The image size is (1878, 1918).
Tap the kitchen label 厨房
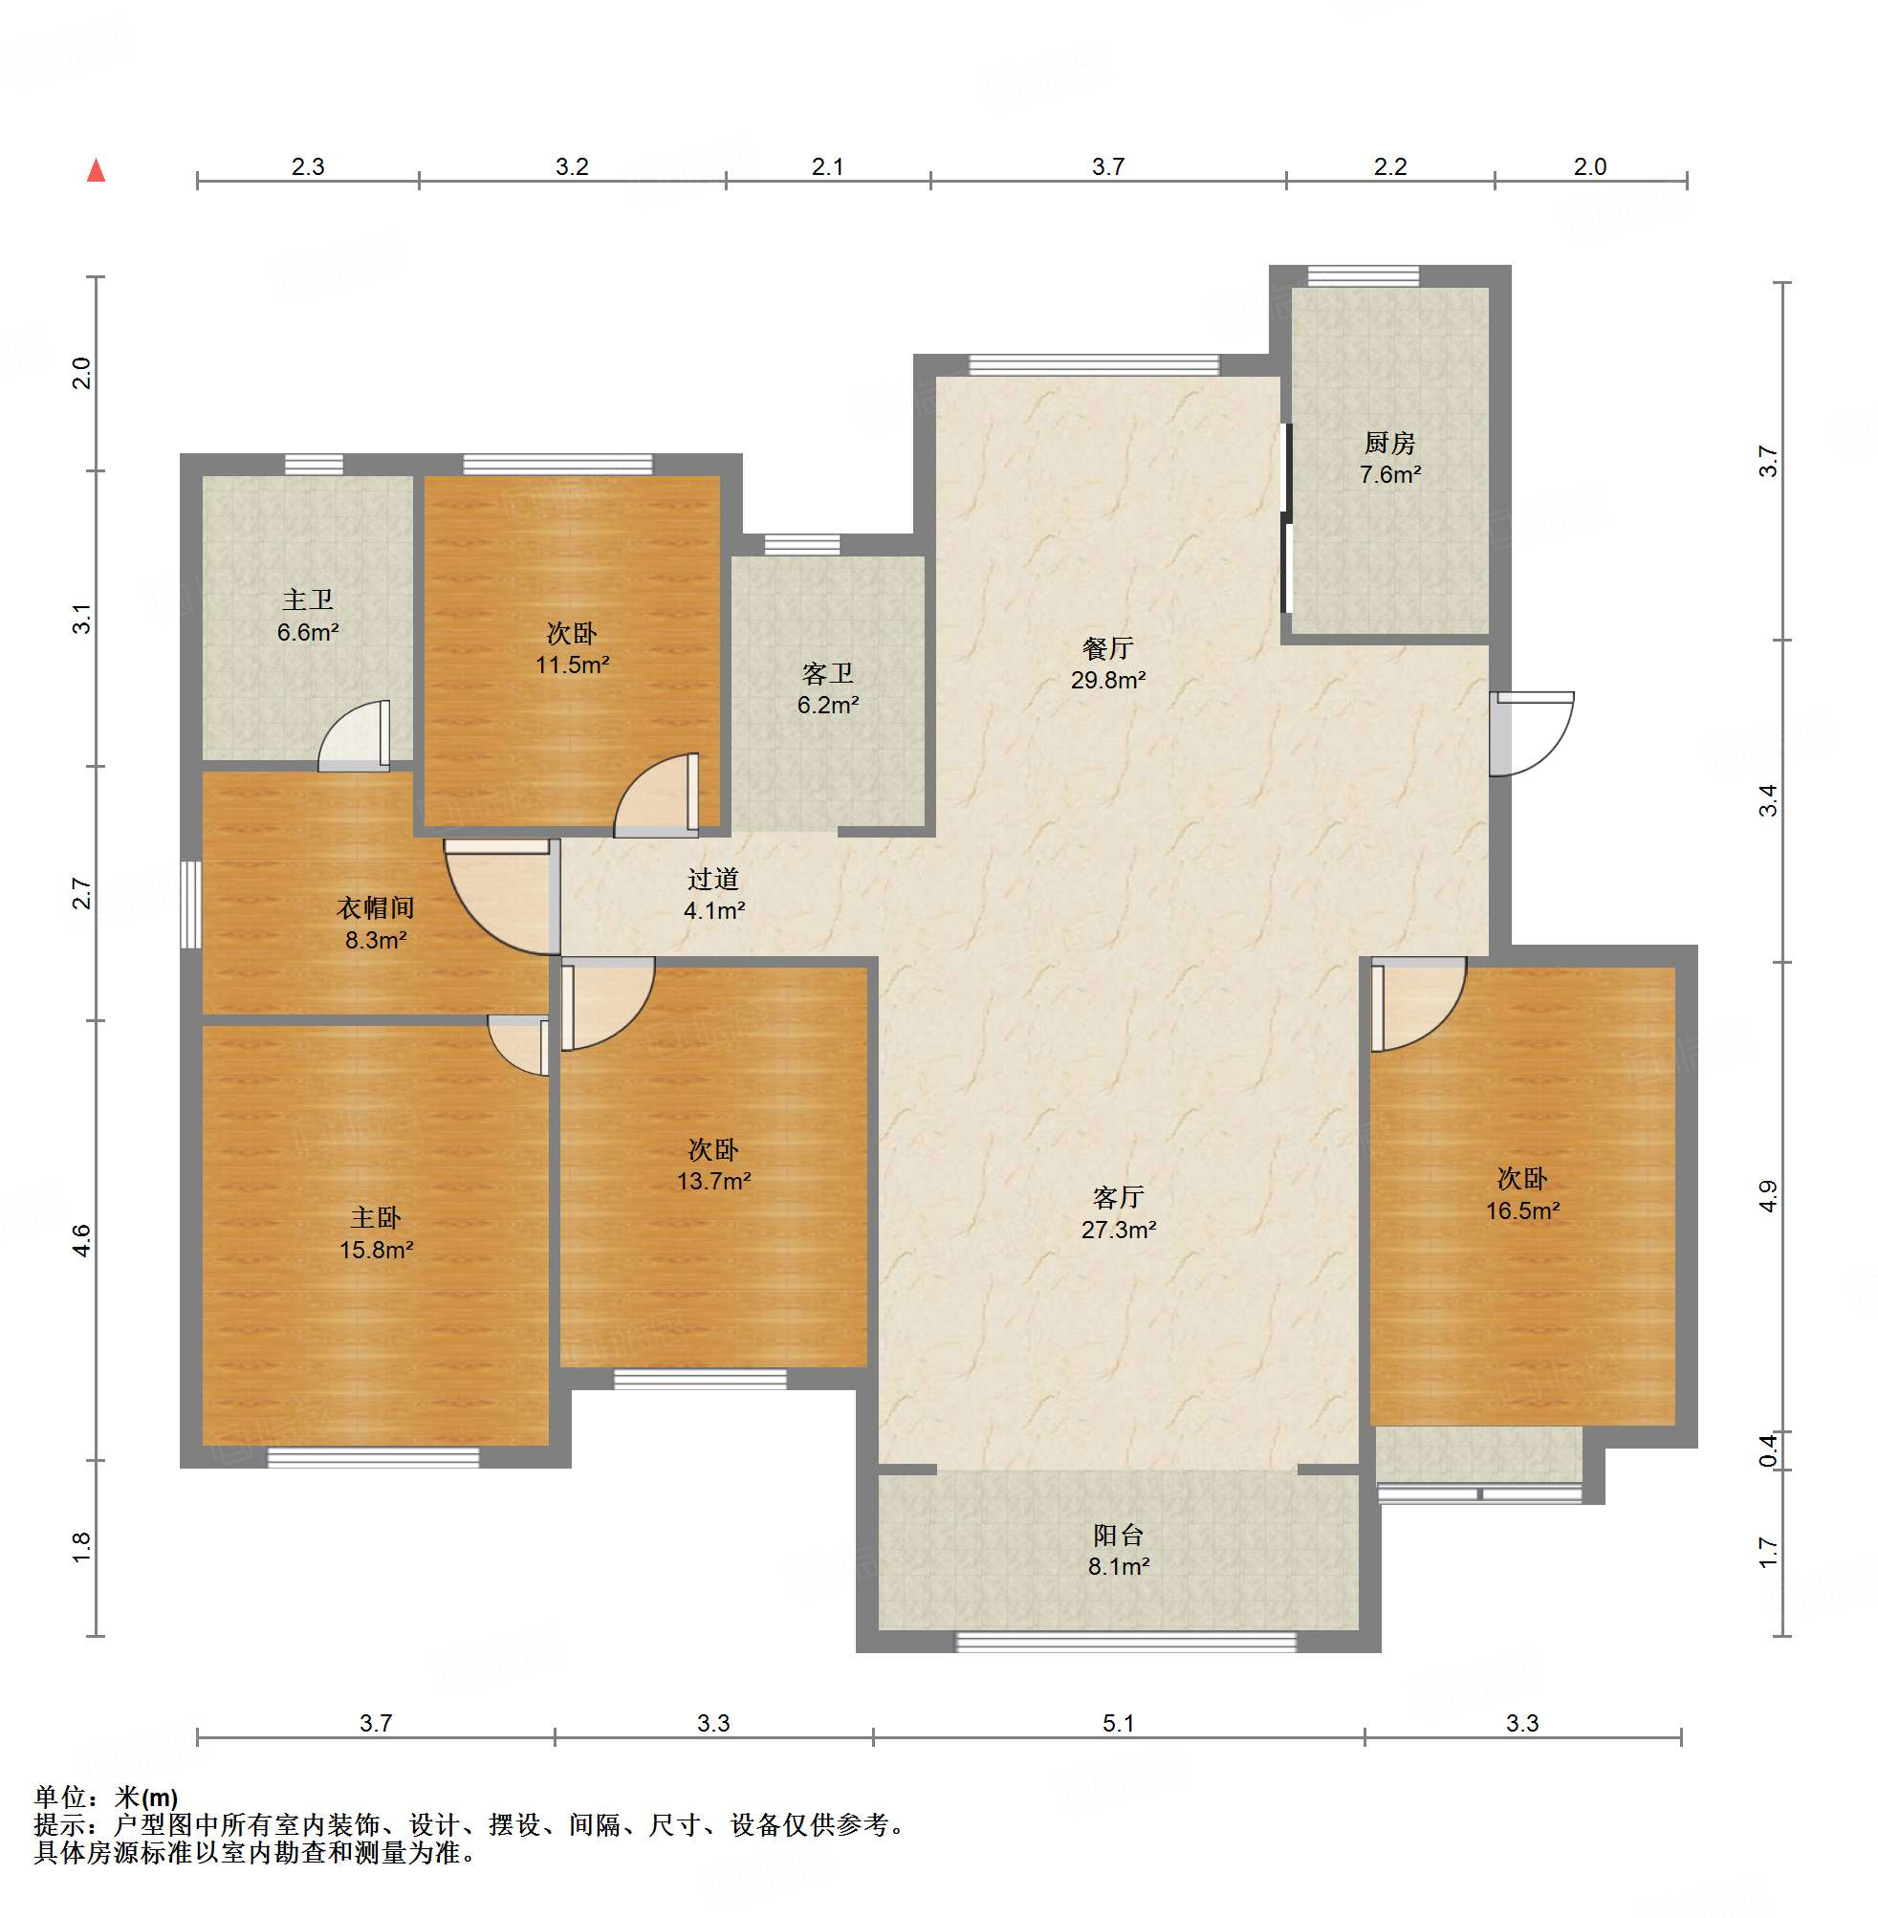[1389, 443]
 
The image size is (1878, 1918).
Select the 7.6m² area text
[1389, 474]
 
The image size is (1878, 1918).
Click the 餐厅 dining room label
[1107, 648]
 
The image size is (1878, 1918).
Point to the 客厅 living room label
[1118, 1197]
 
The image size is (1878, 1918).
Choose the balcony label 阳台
[1118, 1535]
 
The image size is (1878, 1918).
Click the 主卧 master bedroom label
[375, 1217]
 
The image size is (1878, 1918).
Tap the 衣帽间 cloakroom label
[375, 907]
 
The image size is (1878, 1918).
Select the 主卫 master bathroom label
[308, 599]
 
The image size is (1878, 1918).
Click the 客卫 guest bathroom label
[827, 673]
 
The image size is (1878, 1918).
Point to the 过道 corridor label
[713, 879]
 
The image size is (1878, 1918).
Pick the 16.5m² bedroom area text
[1522, 1211]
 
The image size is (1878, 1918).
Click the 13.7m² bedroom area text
[713, 1181]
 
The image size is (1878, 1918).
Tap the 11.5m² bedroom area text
[572, 665]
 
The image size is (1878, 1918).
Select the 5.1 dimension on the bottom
[1118, 1722]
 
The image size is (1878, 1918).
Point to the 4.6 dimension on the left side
[82, 1239]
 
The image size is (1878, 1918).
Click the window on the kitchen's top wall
[1364, 276]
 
